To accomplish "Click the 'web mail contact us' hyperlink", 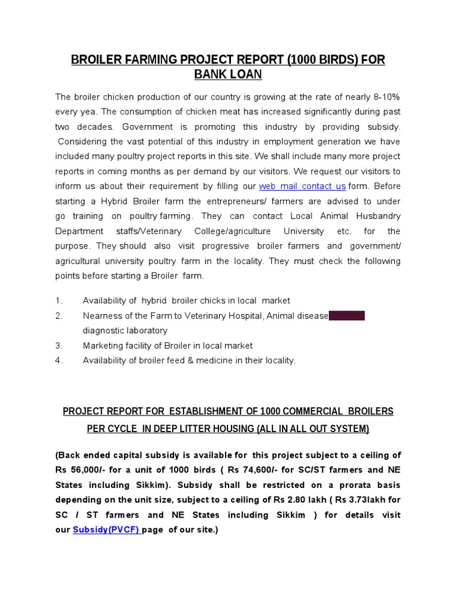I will tap(302, 186).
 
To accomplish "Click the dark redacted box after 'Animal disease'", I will tap(347, 316).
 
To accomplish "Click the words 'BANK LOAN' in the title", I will tap(228, 75).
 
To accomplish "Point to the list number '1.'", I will tap(59, 301).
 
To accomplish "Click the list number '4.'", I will tap(59, 360).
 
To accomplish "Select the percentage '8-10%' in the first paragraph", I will tap(386, 97).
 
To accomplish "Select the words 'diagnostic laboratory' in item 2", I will tap(125, 331).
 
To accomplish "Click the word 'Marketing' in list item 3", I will tap(102, 346).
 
